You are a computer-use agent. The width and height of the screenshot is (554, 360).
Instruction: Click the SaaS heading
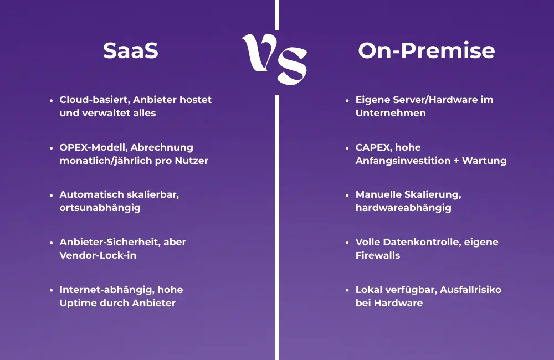(x=131, y=51)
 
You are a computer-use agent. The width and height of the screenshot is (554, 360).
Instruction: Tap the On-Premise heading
(x=426, y=51)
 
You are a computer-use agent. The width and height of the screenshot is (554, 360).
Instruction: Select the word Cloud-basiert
(x=94, y=100)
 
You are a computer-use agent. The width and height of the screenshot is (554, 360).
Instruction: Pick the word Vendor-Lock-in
(x=98, y=255)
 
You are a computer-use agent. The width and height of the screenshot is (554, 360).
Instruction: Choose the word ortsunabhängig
(x=100, y=208)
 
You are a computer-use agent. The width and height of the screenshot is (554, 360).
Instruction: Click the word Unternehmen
(x=391, y=113)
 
